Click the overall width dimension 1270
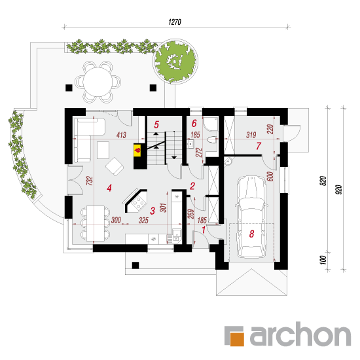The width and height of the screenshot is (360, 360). click(x=175, y=22)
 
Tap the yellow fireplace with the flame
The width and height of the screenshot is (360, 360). click(x=137, y=151)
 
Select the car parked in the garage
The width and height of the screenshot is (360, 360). click(x=251, y=217)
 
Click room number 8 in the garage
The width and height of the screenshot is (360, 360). click(x=251, y=234)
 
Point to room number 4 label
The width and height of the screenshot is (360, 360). click(x=109, y=188)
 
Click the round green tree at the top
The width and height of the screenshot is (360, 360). click(x=175, y=62)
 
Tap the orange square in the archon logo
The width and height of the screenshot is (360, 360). click(x=237, y=338)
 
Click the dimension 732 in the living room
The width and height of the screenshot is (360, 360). click(x=90, y=181)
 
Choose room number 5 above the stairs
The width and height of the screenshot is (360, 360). click(x=156, y=124)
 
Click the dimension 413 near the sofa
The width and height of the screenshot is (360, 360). click(x=121, y=135)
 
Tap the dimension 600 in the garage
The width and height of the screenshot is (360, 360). click(x=270, y=176)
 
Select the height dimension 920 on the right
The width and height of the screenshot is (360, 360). click(x=339, y=190)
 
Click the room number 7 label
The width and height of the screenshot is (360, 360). click(x=259, y=146)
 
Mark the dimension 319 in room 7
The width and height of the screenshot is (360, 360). click(x=251, y=135)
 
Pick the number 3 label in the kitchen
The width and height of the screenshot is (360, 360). click(x=153, y=211)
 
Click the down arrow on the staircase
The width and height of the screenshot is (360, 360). click(x=174, y=158)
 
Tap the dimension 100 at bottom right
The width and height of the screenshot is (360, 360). click(x=323, y=260)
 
